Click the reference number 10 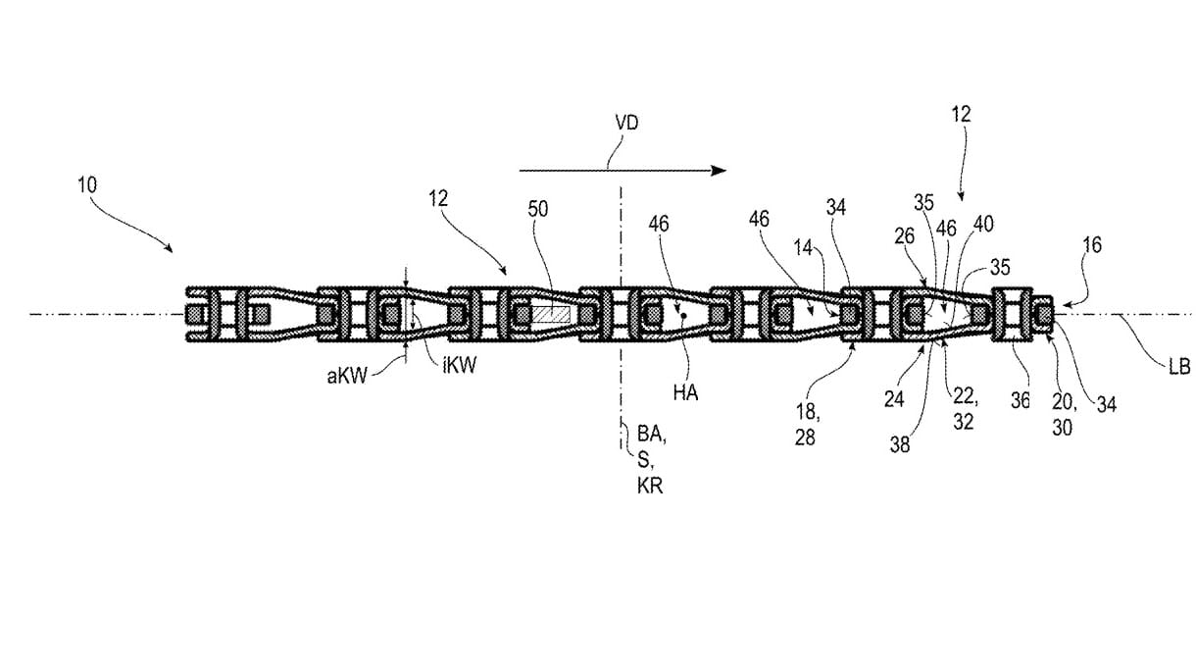click(x=87, y=185)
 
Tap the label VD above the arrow click(x=626, y=123)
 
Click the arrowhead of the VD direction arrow click(x=718, y=171)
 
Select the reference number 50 click(x=537, y=209)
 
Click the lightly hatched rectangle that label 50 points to click(x=551, y=314)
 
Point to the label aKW click(x=347, y=376)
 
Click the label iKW click(x=459, y=365)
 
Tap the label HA click(x=685, y=393)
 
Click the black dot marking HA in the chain click(x=683, y=316)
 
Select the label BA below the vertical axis click(x=651, y=434)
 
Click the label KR click(x=650, y=486)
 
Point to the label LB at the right click(x=1179, y=367)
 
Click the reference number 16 click(x=1092, y=245)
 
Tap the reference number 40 click(x=983, y=225)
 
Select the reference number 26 click(x=905, y=236)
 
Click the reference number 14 click(x=803, y=247)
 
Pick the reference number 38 click(x=900, y=444)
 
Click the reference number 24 click(x=894, y=398)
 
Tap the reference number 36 click(x=1020, y=400)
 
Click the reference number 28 click(x=805, y=438)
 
